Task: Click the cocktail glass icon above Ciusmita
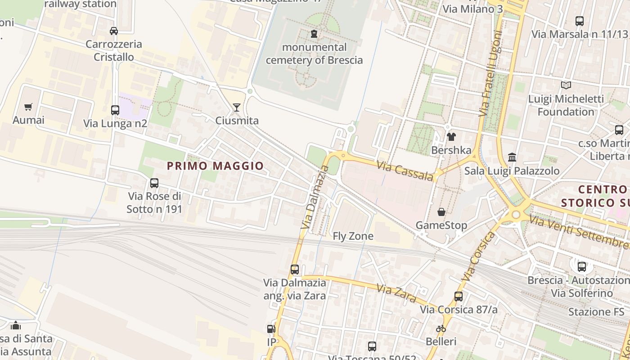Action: click(x=236, y=107)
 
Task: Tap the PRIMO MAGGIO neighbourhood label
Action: click(x=215, y=166)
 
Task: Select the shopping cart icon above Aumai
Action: click(x=28, y=107)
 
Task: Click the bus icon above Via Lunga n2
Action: click(x=115, y=110)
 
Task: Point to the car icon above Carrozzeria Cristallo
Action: click(x=114, y=31)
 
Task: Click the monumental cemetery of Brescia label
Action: click(x=314, y=54)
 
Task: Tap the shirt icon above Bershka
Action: click(x=451, y=137)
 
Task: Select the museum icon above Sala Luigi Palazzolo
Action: click(x=512, y=157)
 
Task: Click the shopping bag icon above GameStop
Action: click(x=441, y=211)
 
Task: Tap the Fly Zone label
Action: click(x=353, y=236)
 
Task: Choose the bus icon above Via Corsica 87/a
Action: click(x=459, y=296)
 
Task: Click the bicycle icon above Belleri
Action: click(x=441, y=328)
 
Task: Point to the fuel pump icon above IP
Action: click(x=271, y=329)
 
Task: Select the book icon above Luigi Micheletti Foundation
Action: click(x=566, y=85)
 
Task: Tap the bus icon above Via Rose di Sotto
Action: click(x=154, y=183)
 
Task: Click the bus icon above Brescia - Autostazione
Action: click(x=582, y=266)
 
